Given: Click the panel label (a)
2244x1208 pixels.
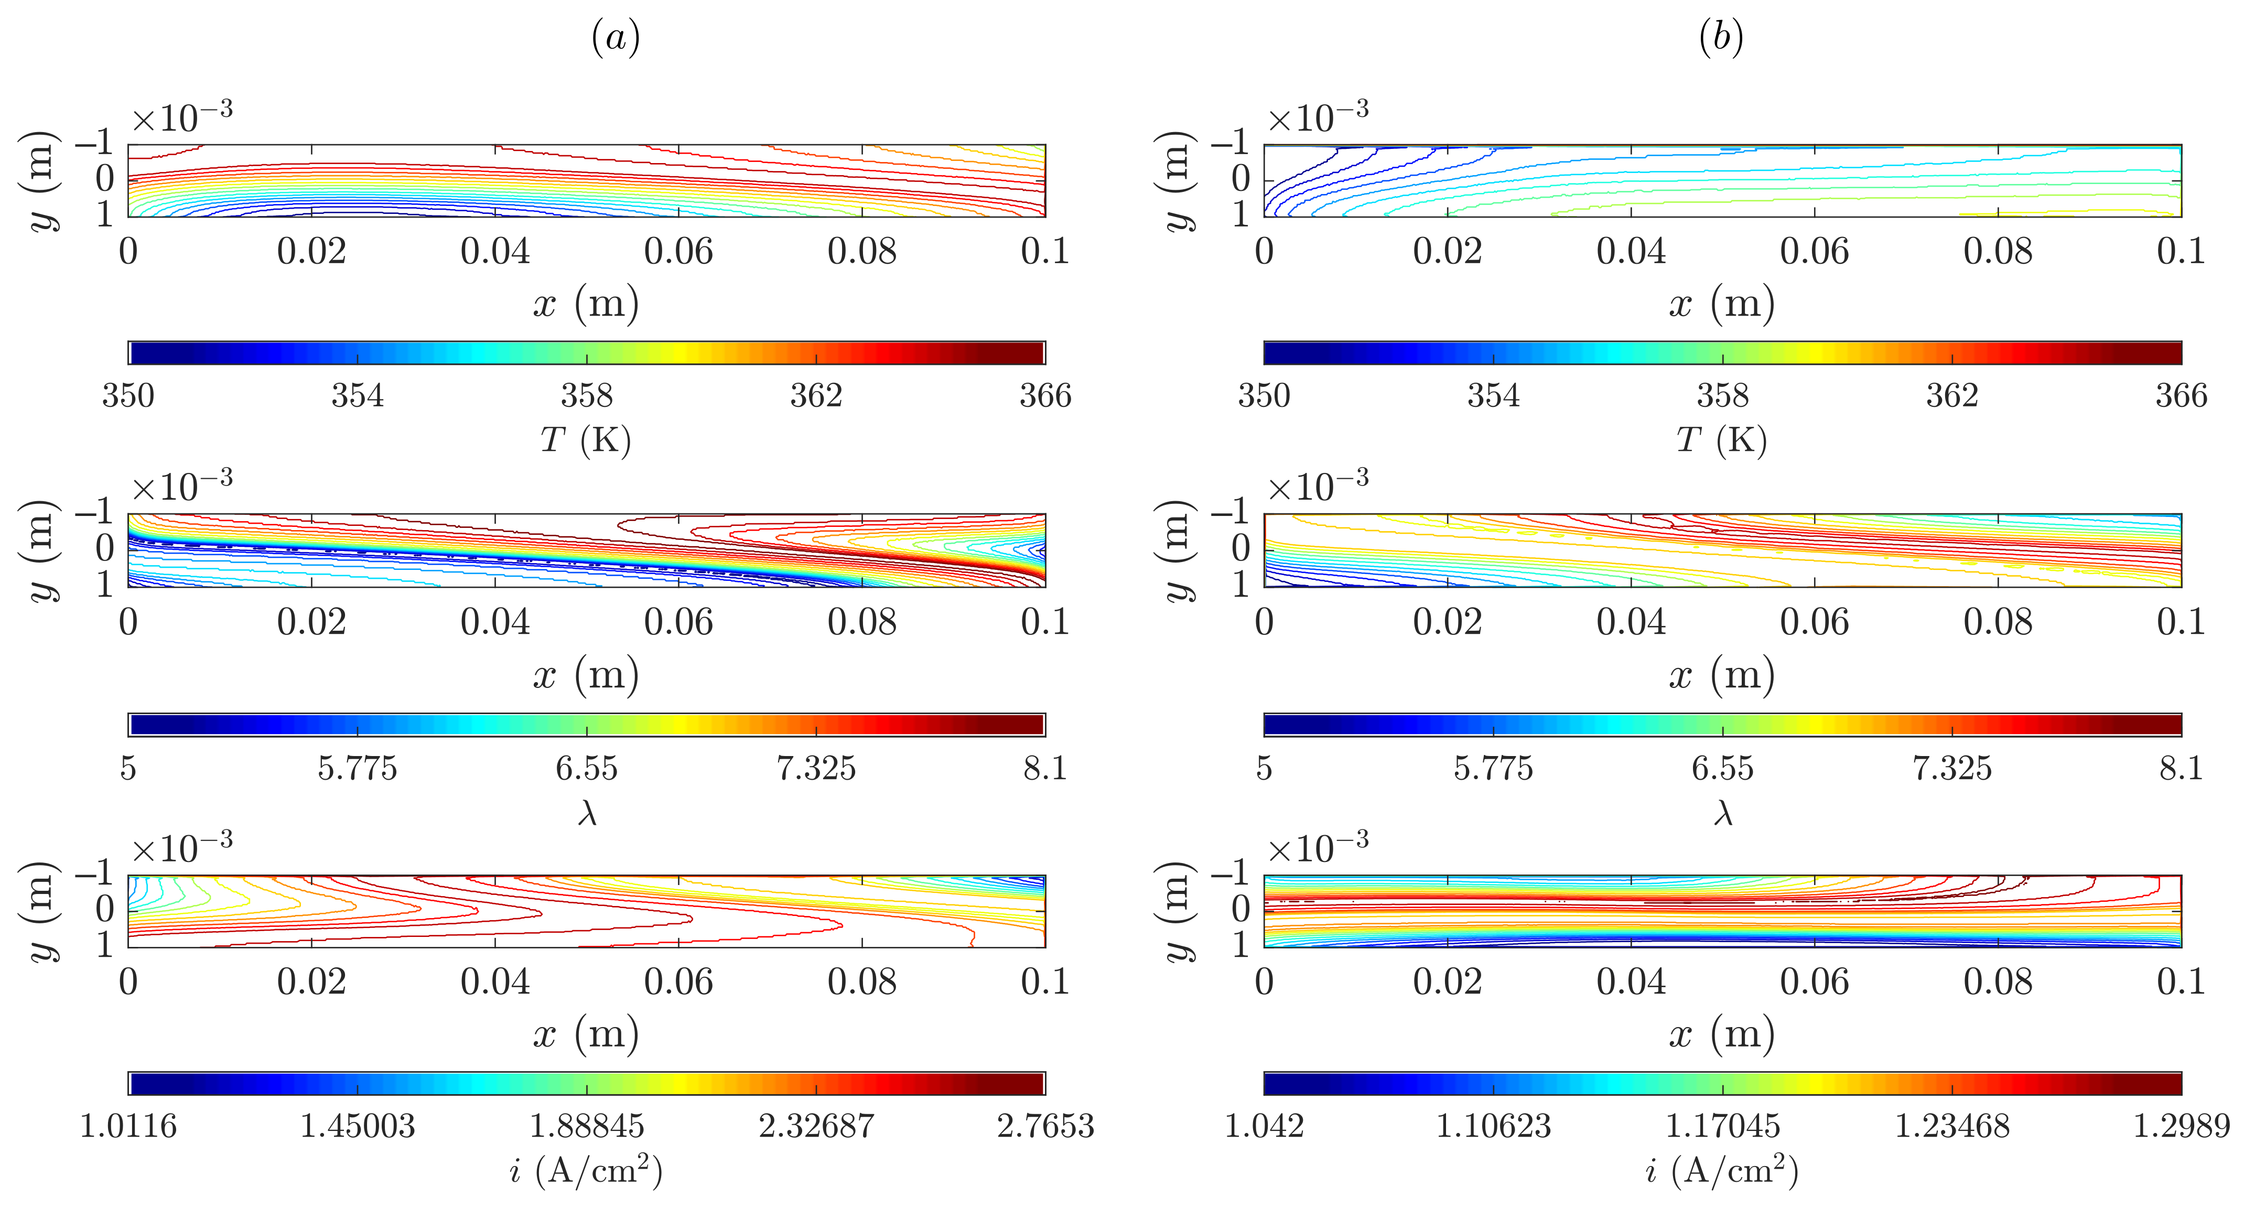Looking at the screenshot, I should pyautogui.click(x=616, y=37).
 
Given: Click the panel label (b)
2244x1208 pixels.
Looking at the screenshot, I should pyautogui.click(x=1720, y=37).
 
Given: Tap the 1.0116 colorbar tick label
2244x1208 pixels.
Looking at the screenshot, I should pyautogui.click(x=128, y=1126).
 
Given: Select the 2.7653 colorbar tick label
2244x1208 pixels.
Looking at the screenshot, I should pyautogui.click(x=1044, y=1126).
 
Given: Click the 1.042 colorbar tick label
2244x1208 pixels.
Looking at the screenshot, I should pyautogui.click(x=1264, y=1126).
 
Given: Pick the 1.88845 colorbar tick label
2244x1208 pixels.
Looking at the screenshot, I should pyautogui.click(x=586, y=1126).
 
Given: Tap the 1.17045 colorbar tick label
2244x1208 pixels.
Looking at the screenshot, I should pyautogui.click(x=1722, y=1126).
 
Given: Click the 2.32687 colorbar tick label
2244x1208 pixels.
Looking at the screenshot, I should pyautogui.click(x=815, y=1126).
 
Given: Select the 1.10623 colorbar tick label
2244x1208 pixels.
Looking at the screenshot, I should pyautogui.click(x=1493, y=1126).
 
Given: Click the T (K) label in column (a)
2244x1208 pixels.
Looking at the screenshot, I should pyautogui.click(x=586, y=440).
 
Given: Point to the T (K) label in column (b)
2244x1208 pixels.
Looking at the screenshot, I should pyautogui.click(x=1721, y=440).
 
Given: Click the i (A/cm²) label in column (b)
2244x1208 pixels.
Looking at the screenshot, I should pyautogui.click(x=1721, y=1171).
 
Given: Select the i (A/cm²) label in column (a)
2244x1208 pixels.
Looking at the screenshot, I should pyautogui.click(x=586, y=1171).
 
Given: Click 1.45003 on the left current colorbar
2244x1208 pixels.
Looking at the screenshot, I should pyautogui.click(x=357, y=1126).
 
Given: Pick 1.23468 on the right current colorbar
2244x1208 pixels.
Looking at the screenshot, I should pyautogui.click(x=1951, y=1126).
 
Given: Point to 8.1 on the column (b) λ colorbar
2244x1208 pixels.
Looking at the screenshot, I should pyautogui.click(x=2181, y=768).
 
